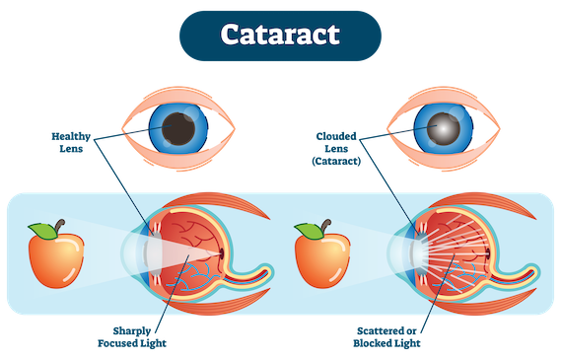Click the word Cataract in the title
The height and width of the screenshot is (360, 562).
[280, 35]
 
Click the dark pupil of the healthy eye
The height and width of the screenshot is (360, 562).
[179, 127]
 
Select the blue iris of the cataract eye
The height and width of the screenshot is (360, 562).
[464, 127]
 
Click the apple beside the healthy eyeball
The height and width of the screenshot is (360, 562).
[54, 259]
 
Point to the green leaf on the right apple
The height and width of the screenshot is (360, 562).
[308, 232]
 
